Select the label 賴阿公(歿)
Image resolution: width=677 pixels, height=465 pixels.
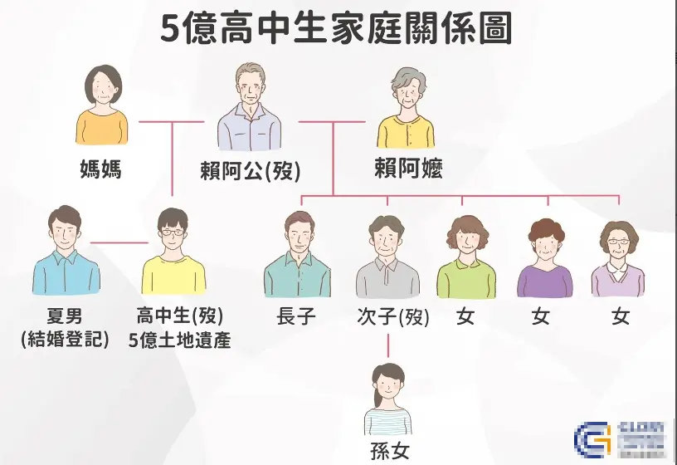click(x=250, y=171)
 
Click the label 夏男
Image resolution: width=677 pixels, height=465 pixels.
click(x=66, y=316)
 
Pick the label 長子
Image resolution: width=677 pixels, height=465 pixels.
click(x=296, y=316)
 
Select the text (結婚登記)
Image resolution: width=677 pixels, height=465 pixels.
click(x=66, y=339)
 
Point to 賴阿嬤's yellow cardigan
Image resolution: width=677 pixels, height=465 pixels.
click(x=406, y=132)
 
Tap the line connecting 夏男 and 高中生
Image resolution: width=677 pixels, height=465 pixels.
click(x=119, y=242)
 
